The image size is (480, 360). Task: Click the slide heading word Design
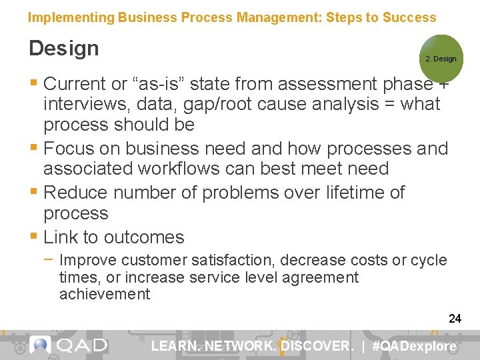(63, 48)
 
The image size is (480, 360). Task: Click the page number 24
(455, 319)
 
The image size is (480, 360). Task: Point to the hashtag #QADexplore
(417, 346)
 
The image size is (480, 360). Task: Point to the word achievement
(105, 295)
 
